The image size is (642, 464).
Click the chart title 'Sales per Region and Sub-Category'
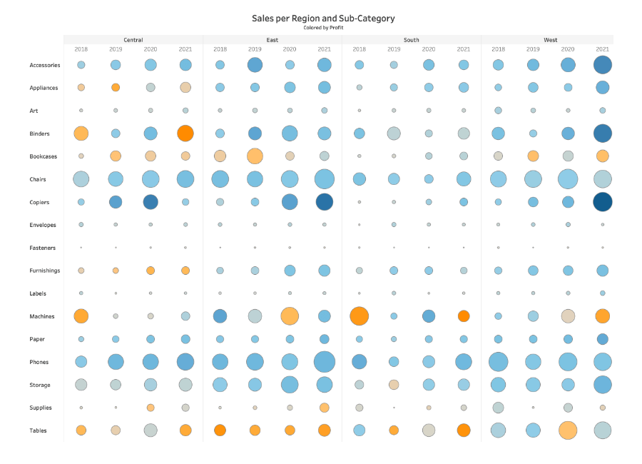(x=323, y=19)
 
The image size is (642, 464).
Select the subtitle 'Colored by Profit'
(x=323, y=27)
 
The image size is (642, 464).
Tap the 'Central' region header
(x=133, y=40)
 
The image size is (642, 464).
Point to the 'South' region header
(x=412, y=40)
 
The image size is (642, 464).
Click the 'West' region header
(x=551, y=40)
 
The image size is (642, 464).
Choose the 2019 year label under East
(x=255, y=49)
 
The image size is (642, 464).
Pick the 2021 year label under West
(x=603, y=49)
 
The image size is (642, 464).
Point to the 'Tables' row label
(x=39, y=430)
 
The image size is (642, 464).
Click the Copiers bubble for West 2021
(x=603, y=202)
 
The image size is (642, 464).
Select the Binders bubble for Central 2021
(x=185, y=133)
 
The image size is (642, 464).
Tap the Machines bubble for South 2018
(x=360, y=316)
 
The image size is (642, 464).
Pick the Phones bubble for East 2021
(x=325, y=362)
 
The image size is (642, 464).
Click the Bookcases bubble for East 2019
(x=255, y=156)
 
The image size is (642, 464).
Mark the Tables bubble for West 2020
(x=568, y=430)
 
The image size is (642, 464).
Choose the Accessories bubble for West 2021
(x=603, y=65)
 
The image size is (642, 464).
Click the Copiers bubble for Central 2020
(x=151, y=202)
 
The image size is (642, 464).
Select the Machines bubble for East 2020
(x=290, y=316)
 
